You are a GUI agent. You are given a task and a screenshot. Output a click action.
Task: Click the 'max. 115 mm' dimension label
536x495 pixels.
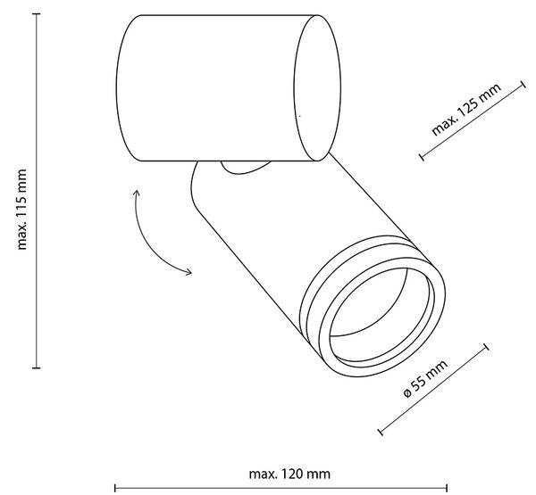point(21,210)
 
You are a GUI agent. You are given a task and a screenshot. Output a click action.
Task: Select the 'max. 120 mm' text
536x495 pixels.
point(289,474)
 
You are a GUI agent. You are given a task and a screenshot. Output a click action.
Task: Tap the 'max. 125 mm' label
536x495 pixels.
point(466,109)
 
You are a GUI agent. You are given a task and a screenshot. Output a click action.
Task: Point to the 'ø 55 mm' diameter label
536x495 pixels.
point(425,378)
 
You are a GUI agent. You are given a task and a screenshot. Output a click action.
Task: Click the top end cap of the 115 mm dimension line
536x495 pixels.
point(37,14)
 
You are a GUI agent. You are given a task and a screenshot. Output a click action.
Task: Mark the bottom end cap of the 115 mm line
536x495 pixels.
point(37,368)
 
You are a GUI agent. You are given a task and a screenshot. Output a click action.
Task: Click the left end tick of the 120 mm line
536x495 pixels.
point(115,488)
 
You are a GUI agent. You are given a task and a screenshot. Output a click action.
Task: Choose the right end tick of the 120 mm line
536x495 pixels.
point(448,488)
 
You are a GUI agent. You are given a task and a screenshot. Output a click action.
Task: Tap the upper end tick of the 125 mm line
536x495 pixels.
point(523,85)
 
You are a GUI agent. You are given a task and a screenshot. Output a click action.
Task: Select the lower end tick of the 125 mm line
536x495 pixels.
point(423,157)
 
